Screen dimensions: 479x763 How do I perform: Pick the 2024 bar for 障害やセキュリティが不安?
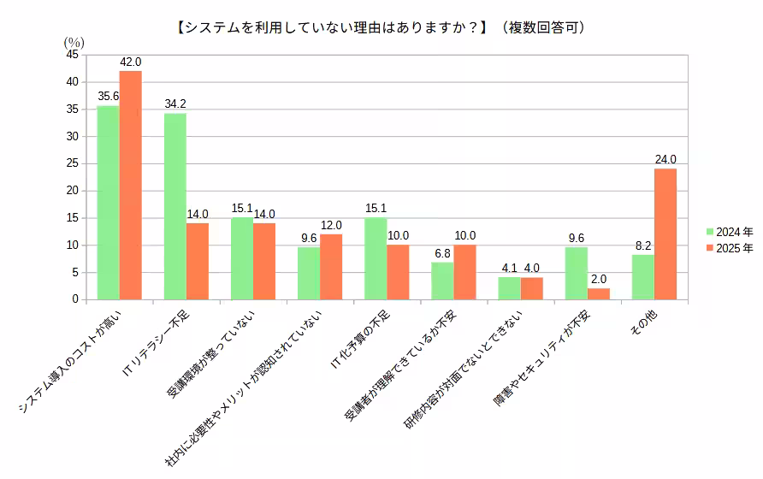point(576,273)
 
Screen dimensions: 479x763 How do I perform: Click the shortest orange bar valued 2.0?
point(599,294)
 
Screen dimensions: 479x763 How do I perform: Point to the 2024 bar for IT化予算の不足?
point(376,258)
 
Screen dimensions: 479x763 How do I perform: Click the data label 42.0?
point(131,62)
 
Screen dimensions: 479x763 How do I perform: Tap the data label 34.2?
point(175,104)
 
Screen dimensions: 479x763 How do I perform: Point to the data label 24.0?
point(665,160)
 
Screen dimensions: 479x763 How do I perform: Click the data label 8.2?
point(642,245)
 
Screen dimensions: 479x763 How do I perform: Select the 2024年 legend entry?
point(729,232)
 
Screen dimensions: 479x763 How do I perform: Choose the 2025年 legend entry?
point(729,247)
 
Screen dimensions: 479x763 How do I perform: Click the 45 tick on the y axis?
point(72,55)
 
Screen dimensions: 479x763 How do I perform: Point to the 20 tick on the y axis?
point(72,191)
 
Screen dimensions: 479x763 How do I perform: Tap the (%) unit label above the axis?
point(74,41)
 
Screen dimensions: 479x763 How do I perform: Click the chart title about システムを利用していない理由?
point(380,27)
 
